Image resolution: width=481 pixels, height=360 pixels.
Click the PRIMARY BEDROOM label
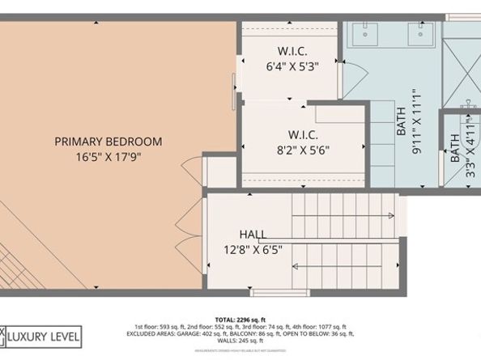tap(108, 142)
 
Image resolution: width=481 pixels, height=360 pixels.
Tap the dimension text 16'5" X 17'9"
tap(108, 156)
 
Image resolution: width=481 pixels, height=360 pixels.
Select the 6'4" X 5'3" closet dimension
tap(292, 67)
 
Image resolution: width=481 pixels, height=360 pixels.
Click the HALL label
tap(253, 234)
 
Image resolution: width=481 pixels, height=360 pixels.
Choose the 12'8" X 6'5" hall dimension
tap(253, 248)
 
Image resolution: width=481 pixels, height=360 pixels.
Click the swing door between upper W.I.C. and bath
tap(354, 77)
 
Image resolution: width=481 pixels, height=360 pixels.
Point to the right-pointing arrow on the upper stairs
tap(390, 215)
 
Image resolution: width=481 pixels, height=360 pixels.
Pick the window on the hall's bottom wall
tap(279, 291)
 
